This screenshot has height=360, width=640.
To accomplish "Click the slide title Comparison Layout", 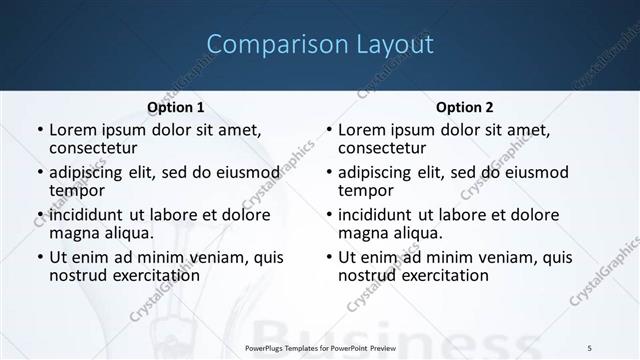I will [x=320, y=45].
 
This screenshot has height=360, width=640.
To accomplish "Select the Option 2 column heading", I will [x=465, y=107].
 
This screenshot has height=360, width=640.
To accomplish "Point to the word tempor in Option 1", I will [x=77, y=191].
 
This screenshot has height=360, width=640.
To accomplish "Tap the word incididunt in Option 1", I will [x=87, y=215].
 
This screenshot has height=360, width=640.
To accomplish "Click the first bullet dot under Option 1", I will [x=39, y=131].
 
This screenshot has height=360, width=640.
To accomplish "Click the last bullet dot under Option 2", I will [x=329, y=258].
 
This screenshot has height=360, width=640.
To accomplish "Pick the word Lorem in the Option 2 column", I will [x=363, y=130].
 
